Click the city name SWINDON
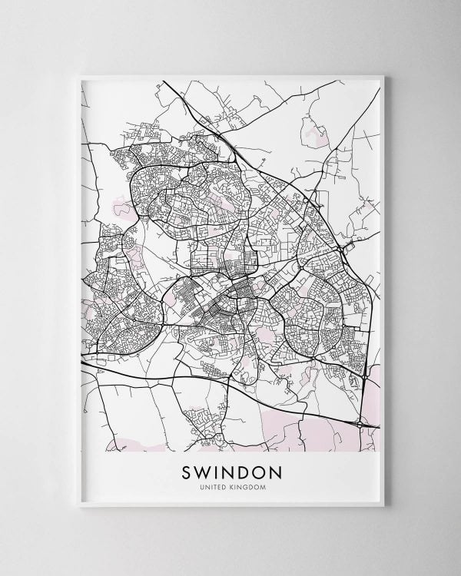click(x=230, y=469)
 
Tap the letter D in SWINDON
click(x=244, y=469)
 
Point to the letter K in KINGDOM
click(x=233, y=485)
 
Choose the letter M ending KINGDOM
click(x=257, y=485)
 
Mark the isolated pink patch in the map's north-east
click(x=313, y=137)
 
